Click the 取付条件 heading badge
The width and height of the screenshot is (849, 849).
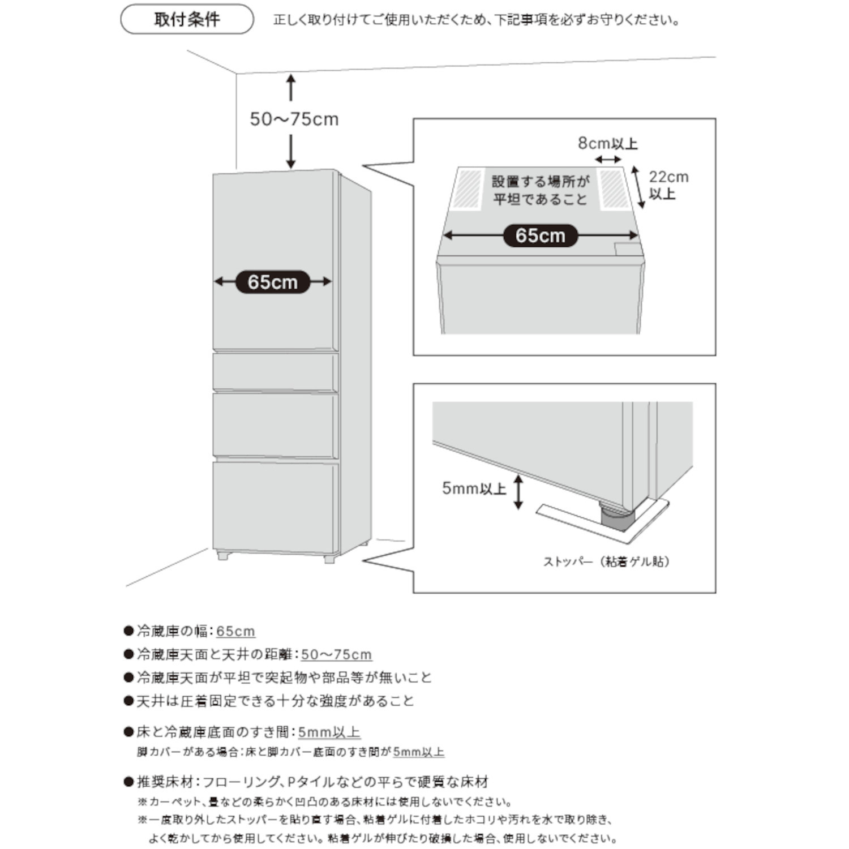187,19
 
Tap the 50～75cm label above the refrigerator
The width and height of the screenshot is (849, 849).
294,119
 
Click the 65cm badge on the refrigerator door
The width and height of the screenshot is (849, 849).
272,282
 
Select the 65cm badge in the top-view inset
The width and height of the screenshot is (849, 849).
540,235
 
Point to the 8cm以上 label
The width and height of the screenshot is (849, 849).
607,143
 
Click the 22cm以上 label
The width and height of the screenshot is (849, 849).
668,185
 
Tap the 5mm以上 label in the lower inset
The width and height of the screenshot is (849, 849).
474,488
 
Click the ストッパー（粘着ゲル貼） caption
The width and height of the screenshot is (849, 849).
606,561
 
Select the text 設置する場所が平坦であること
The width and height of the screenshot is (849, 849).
540,190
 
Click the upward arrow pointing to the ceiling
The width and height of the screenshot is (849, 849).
291,88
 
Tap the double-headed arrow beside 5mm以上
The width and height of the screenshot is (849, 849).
518,492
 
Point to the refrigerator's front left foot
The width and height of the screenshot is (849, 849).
222,556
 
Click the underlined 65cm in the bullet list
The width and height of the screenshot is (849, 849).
235,631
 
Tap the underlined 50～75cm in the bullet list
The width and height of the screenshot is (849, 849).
336,654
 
